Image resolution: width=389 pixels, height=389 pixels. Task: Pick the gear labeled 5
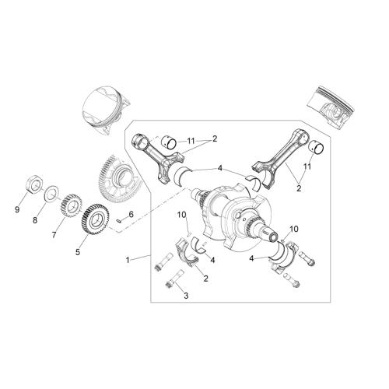pyautogui.click(x=95, y=219)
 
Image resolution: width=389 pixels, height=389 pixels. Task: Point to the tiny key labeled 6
pyautogui.click(x=118, y=221)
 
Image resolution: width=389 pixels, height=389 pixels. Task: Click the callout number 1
pyautogui.click(x=128, y=260)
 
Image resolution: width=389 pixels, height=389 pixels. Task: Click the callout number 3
pyautogui.click(x=186, y=295)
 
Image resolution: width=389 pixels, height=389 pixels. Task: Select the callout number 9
pyautogui.click(x=17, y=209)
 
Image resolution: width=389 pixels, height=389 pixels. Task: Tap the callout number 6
pyautogui.click(x=131, y=214)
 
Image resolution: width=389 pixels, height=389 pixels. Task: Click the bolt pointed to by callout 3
pyautogui.click(x=174, y=279)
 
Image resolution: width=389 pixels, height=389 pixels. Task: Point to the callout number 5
pyautogui.click(x=78, y=252)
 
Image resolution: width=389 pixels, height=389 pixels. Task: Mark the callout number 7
pyautogui.click(x=54, y=235)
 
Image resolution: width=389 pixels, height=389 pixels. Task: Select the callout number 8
pyautogui.click(x=35, y=220)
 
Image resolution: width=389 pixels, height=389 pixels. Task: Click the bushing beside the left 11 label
pyautogui.click(x=169, y=142)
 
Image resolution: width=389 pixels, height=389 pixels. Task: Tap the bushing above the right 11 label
pyautogui.click(x=316, y=147)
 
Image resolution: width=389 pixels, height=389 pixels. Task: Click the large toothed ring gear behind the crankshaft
pyautogui.click(x=118, y=179)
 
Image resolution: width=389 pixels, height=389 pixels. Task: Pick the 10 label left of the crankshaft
pyautogui.click(x=182, y=215)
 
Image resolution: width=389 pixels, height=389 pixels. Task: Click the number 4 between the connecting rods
pyautogui.click(x=220, y=169)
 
